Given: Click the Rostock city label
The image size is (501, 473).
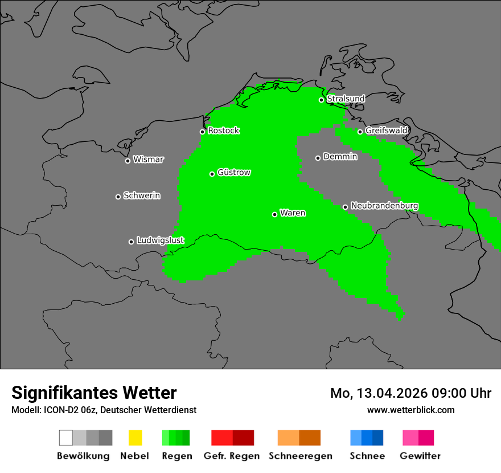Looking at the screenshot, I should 223,131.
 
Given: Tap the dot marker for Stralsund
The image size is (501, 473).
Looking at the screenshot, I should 321,100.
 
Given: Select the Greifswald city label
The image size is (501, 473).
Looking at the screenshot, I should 386,131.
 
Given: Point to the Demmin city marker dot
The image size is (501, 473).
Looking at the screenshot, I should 318,158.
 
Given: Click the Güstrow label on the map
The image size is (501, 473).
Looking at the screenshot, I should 234,173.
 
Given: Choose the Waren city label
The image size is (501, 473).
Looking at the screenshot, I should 293,213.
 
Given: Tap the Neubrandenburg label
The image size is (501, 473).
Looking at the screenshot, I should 384,206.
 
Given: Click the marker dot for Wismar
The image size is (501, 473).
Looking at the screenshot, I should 128,161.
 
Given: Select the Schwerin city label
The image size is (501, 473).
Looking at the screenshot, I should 142,196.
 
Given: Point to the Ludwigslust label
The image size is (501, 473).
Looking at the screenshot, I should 160,240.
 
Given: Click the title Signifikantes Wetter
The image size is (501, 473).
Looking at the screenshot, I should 94,393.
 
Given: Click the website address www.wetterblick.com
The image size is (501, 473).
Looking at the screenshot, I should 410,410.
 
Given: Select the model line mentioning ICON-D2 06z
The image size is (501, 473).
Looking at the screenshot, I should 104,410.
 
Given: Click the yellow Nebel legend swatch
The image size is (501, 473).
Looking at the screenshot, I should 135,438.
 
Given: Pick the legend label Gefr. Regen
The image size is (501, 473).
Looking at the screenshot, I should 231,456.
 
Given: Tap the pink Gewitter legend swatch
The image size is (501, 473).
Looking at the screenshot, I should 418,438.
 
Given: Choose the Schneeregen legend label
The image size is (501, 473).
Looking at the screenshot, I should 299,456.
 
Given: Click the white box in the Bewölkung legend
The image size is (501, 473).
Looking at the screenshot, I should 66,438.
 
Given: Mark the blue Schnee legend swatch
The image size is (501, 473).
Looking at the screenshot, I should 367,438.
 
